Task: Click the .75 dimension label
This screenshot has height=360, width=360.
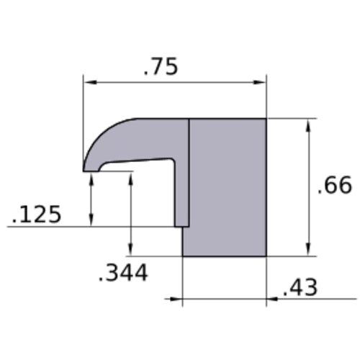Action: [x=161, y=66]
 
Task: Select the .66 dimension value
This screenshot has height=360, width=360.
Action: [x=335, y=185]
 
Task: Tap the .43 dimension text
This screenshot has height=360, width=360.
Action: [x=300, y=287]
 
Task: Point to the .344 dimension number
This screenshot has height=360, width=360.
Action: [x=123, y=273]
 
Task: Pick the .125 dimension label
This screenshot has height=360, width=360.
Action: [x=37, y=214]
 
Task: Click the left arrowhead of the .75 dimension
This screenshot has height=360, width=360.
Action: [x=91, y=82]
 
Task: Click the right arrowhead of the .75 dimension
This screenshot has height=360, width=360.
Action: [x=259, y=82]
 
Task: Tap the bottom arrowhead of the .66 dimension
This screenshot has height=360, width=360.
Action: [x=308, y=249]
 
